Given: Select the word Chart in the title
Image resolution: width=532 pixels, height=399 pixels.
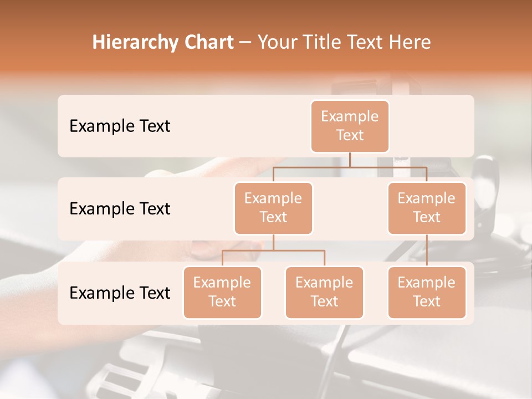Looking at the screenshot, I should (206, 43).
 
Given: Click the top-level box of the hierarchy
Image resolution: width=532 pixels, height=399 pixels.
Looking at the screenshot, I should (350, 126).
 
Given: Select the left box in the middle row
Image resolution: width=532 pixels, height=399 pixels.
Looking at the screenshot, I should (273, 208).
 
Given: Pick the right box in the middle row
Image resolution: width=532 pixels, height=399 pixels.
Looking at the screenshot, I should (427, 208).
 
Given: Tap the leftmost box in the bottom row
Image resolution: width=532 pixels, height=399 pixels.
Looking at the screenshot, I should (222, 292).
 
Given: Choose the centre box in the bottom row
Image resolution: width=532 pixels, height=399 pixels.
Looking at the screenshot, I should (324, 292).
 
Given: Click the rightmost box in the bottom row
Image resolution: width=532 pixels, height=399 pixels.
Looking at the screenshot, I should (427, 292).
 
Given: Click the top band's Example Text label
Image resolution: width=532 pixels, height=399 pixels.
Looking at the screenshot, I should (120, 126).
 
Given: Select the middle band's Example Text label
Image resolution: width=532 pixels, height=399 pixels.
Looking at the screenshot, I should (120, 209).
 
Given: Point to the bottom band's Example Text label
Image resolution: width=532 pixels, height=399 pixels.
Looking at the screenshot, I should (120, 293).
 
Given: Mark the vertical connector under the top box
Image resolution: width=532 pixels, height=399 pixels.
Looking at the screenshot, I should (350, 160).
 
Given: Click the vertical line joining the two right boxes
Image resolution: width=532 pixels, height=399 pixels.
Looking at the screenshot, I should (427, 250).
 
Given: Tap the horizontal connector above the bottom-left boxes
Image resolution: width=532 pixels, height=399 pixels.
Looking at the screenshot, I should (273, 250).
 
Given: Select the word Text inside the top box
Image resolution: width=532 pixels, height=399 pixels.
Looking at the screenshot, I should (350, 135).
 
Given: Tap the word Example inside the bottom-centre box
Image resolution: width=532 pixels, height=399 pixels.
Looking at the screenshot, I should (324, 283).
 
